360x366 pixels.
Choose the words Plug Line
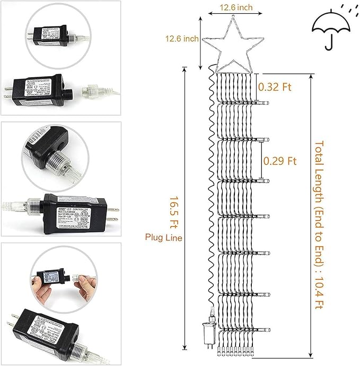click(x=164, y=238)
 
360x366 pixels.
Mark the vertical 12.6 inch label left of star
click(x=180, y=39)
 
